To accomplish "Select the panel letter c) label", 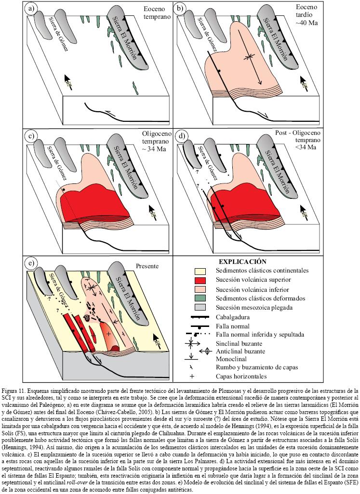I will [32, 136].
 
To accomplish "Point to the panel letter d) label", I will [181, 136].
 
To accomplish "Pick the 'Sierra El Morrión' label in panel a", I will [119, 39].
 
